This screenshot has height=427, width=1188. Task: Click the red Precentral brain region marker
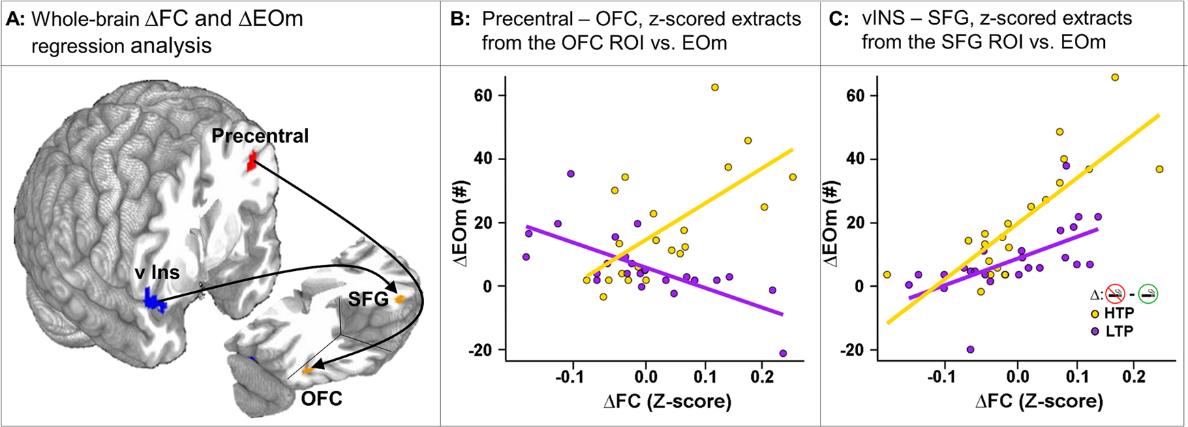click(x=252, y=161)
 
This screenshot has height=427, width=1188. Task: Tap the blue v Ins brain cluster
click(x=154, y=301)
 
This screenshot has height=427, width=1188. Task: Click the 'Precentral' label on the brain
click(x=260, y=136)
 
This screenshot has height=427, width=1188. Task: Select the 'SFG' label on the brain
click(x=368, y=299)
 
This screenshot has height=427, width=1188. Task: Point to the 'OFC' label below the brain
click(x=322, y=398)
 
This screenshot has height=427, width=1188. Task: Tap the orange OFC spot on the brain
click(x=308, y=370)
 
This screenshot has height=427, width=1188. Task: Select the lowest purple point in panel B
click(x=782, y=353)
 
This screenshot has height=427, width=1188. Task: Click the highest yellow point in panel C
click(x=1115, y=78)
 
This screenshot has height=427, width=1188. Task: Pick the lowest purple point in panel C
click(x=970, y=349)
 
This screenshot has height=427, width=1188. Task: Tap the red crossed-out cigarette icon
click(x=1115, y=295)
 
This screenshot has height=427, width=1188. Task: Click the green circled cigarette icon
click(x=1148, y=295)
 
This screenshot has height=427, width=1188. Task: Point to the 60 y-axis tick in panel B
click(x=484, y=95)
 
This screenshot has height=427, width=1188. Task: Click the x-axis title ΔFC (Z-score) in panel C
click(x=1039, y=401)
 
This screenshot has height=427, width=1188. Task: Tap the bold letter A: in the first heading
click(x=15, y=19)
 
